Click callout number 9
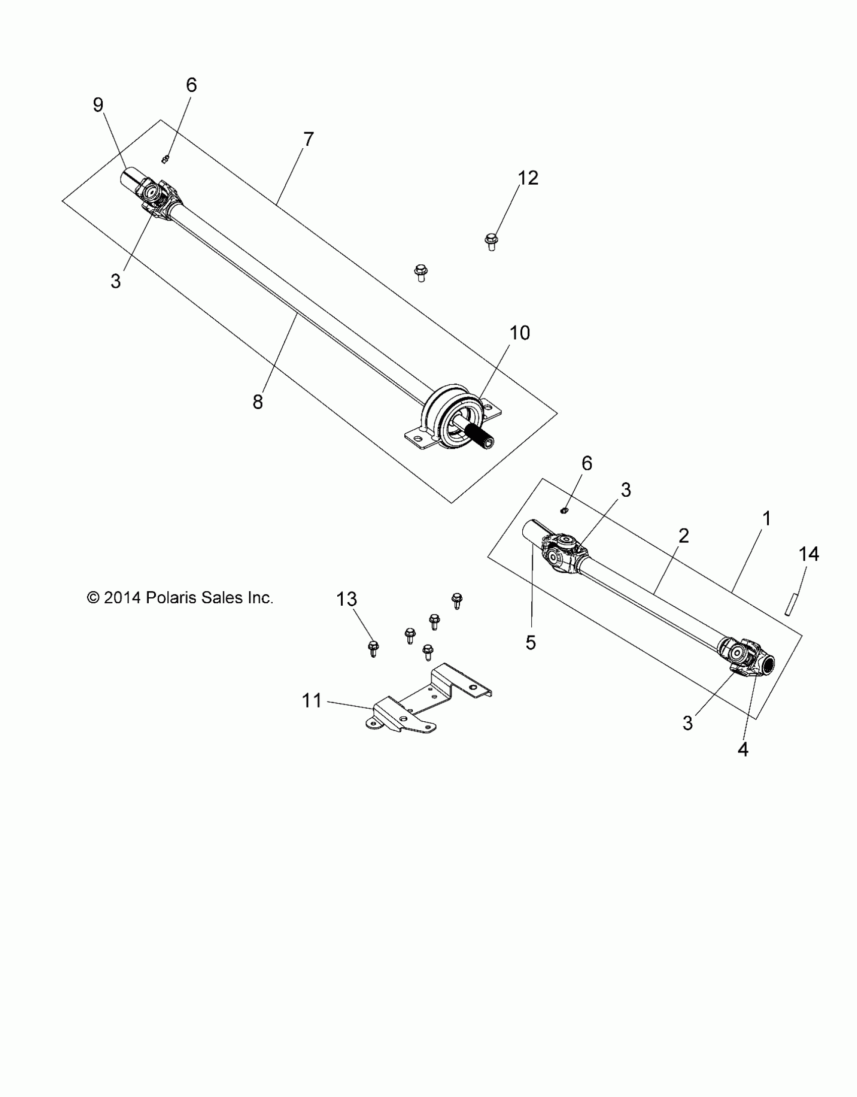98,105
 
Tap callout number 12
528,178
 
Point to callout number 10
520,333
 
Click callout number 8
258,402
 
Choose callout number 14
809,554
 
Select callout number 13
347,599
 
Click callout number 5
531,642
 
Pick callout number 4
743,764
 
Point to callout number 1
766,518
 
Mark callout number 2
684,536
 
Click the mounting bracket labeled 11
428,702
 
